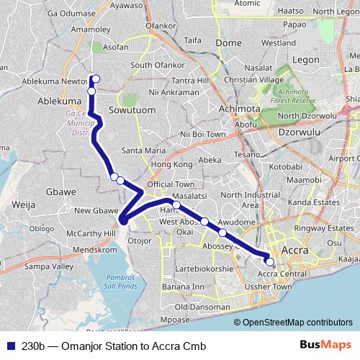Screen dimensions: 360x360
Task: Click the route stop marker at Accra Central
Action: [x=269, y=262]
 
